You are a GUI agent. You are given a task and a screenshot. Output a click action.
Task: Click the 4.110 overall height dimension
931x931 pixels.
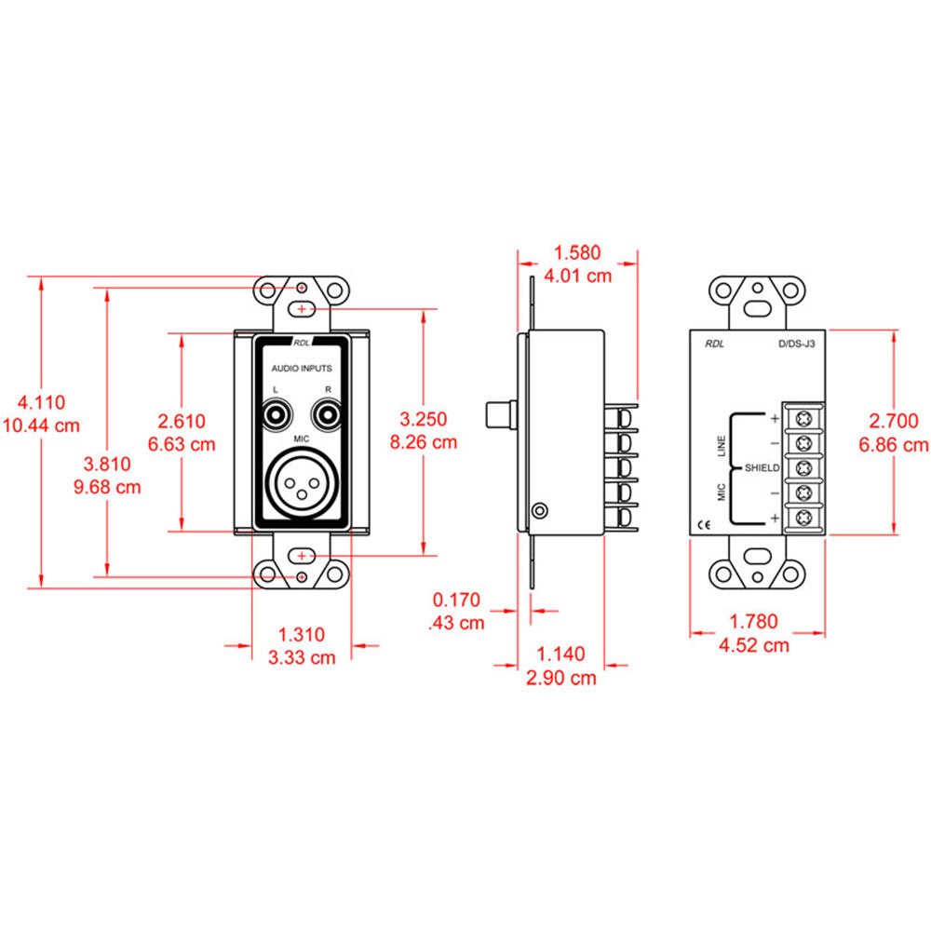point(42,403)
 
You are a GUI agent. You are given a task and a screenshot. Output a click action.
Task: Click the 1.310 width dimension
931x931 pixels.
point(302,635)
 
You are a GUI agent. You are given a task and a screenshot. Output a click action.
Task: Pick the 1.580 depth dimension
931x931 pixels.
point(577,252)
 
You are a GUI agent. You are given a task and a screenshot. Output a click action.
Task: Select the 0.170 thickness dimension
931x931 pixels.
point(456,600)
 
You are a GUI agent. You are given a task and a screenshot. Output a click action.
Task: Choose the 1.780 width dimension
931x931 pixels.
point(754,621)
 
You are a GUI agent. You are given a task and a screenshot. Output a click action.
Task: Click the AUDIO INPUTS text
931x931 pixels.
point(301,368)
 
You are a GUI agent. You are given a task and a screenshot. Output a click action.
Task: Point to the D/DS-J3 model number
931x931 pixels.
point(796,344)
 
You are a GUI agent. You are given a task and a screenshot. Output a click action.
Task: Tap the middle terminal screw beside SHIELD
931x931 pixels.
point(802,466)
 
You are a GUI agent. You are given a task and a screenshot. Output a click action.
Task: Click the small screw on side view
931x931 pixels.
point(538,510)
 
